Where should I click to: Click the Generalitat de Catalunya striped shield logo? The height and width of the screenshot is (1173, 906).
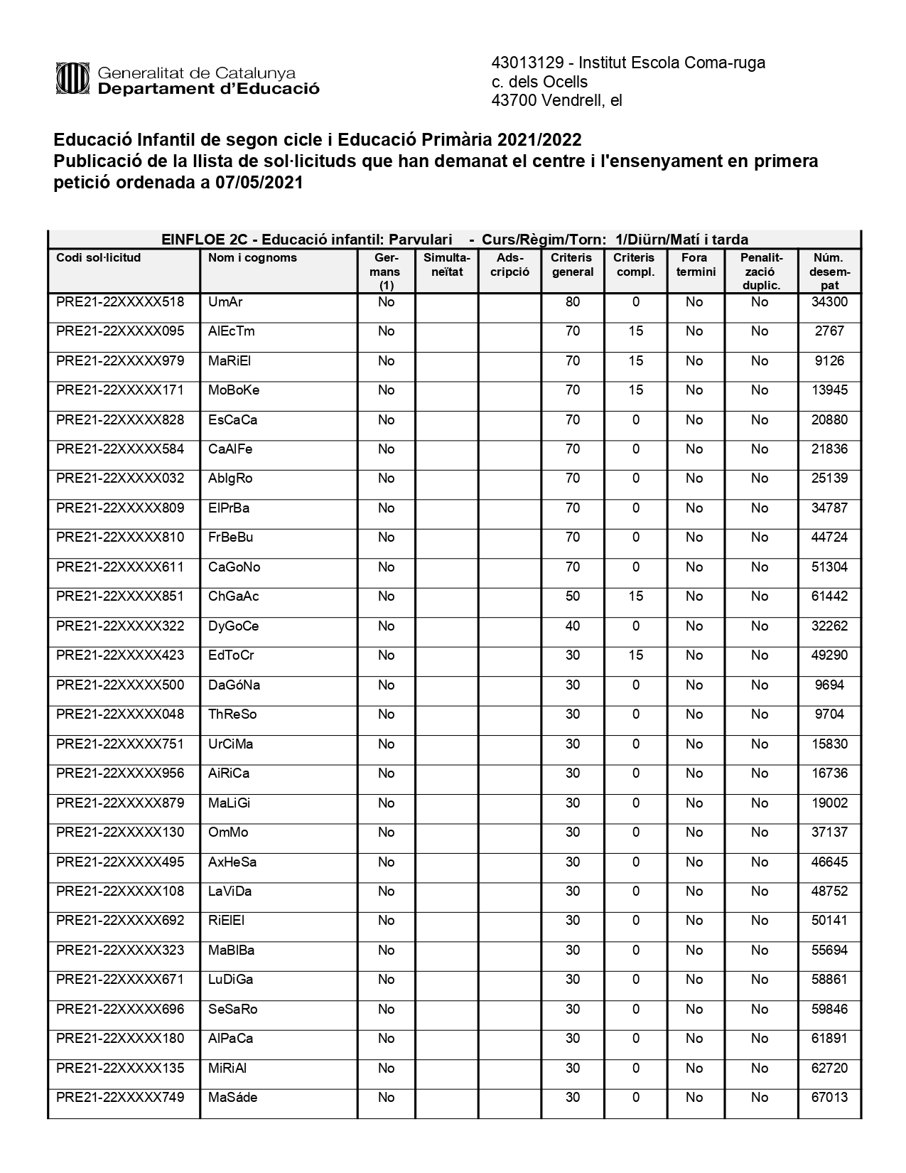click(x=72, y=79)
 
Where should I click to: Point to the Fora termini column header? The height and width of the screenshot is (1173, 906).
click(x=695, y=264)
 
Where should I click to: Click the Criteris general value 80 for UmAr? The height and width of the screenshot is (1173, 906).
click(x=573, y=302)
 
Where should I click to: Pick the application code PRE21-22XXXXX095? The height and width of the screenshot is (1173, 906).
click(x=120, y=331)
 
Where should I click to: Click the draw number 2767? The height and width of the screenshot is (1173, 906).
click(x=829, y=331)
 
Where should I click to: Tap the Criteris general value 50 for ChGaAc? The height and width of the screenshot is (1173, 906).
click(x=573, y=596)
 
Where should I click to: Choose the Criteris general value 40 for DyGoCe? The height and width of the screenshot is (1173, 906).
click(x=573, y=626)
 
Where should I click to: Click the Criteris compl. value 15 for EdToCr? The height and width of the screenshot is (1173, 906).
click(x=635, y=655)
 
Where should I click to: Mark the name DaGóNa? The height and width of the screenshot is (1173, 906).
click(x=234, y=685)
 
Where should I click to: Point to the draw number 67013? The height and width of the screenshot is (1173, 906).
click(x=829, y=1098)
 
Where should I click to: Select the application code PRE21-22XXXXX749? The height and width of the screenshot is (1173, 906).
click(x=120, y=1098)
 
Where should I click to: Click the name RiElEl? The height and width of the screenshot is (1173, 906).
click(x=226, y=921)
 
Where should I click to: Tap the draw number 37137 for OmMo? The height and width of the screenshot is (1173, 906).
click(x=829, y=832)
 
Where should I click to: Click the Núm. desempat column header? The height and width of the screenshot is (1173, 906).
click(x=829, y=272)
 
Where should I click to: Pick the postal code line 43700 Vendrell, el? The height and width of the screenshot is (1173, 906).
click(x=556, y=101)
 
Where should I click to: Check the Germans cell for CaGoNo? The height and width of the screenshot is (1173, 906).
click(x=386, y=567)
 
